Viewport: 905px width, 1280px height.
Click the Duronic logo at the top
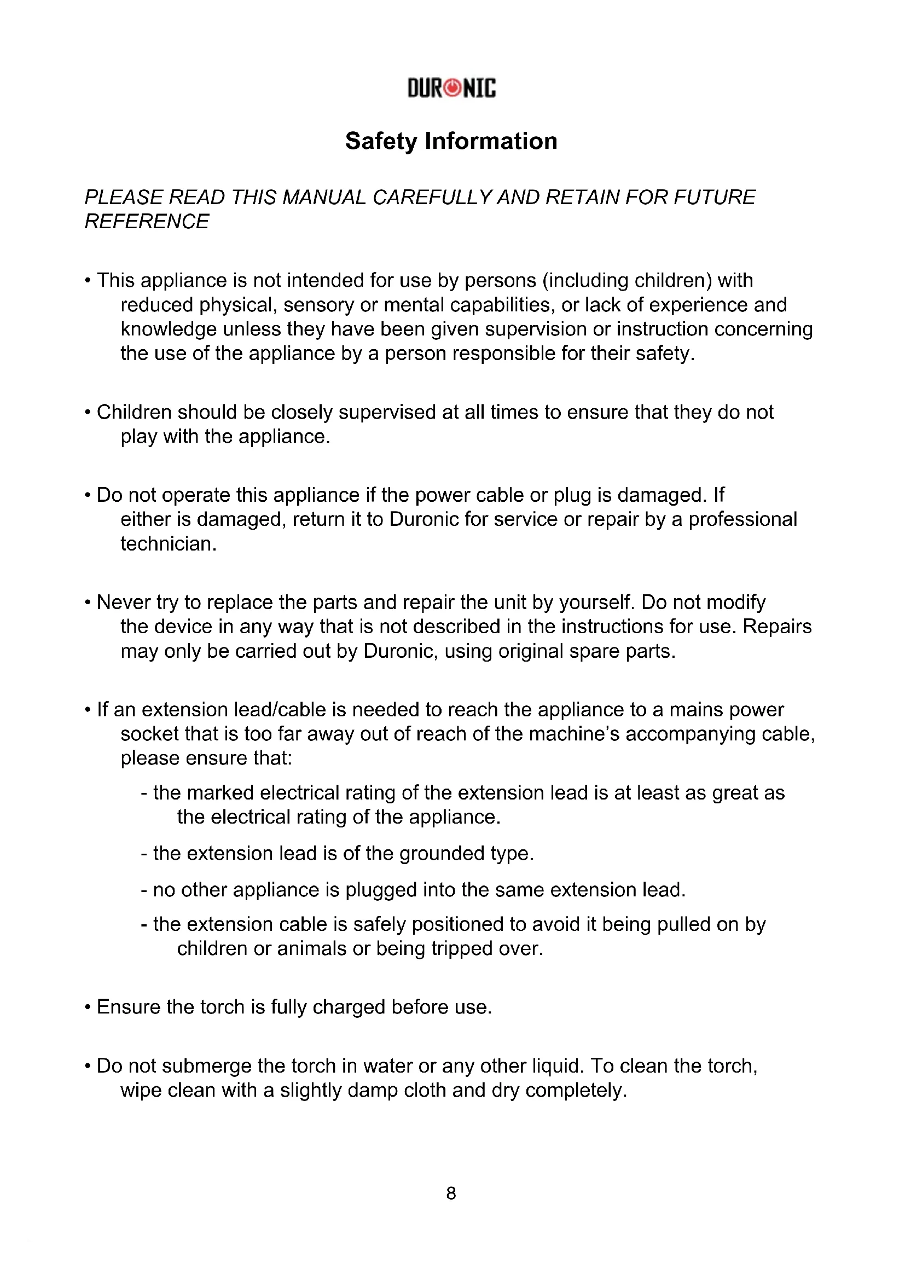tap(451, 88)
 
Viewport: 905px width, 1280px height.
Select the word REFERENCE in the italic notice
tap(147, 221)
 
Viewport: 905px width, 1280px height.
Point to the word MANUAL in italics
tap(324, 198)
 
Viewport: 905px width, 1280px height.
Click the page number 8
tap(451, 1193)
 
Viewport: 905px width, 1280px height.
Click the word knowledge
tap(169, 329)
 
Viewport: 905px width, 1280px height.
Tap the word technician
tap(169, 543)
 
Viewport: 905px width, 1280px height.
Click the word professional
tap(743, 519)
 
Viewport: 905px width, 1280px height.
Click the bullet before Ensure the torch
tap(88, 1008)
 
